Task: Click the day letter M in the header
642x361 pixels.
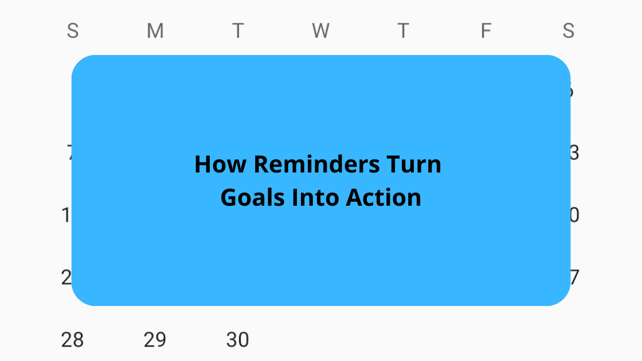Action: pos(155,31)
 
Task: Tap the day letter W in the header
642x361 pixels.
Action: pos(320,31)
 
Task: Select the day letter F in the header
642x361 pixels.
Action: pos(486,31)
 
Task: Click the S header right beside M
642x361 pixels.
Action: pos(72,31)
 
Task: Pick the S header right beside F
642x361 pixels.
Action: pos(568,31)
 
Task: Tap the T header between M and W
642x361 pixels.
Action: pos(237,31)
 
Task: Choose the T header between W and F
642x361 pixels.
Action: pos(403,31)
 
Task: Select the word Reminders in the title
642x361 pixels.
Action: pos(316,164)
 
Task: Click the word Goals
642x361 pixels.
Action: pos(253,198)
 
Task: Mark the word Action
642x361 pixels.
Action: pos(383,198)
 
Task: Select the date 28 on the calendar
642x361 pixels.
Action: pos(72,340)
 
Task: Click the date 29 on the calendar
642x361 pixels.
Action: pos(155,340)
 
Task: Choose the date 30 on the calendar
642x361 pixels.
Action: pos(237,340)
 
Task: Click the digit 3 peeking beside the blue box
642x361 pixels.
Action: pos(574,153)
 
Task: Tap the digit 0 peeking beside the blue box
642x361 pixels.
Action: pos(574,215)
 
